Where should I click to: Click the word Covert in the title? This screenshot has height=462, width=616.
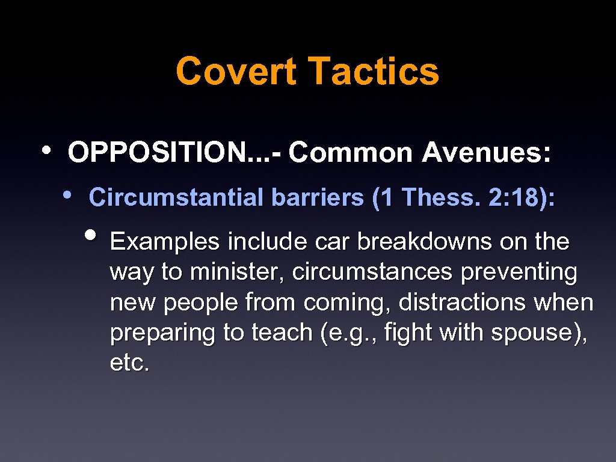[236, 71]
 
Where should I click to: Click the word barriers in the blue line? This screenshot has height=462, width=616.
[318, 197]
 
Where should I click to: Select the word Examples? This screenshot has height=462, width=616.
[164, 242]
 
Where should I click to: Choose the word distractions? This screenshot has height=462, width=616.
[462, 303]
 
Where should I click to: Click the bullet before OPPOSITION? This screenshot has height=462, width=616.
[46, 150]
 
